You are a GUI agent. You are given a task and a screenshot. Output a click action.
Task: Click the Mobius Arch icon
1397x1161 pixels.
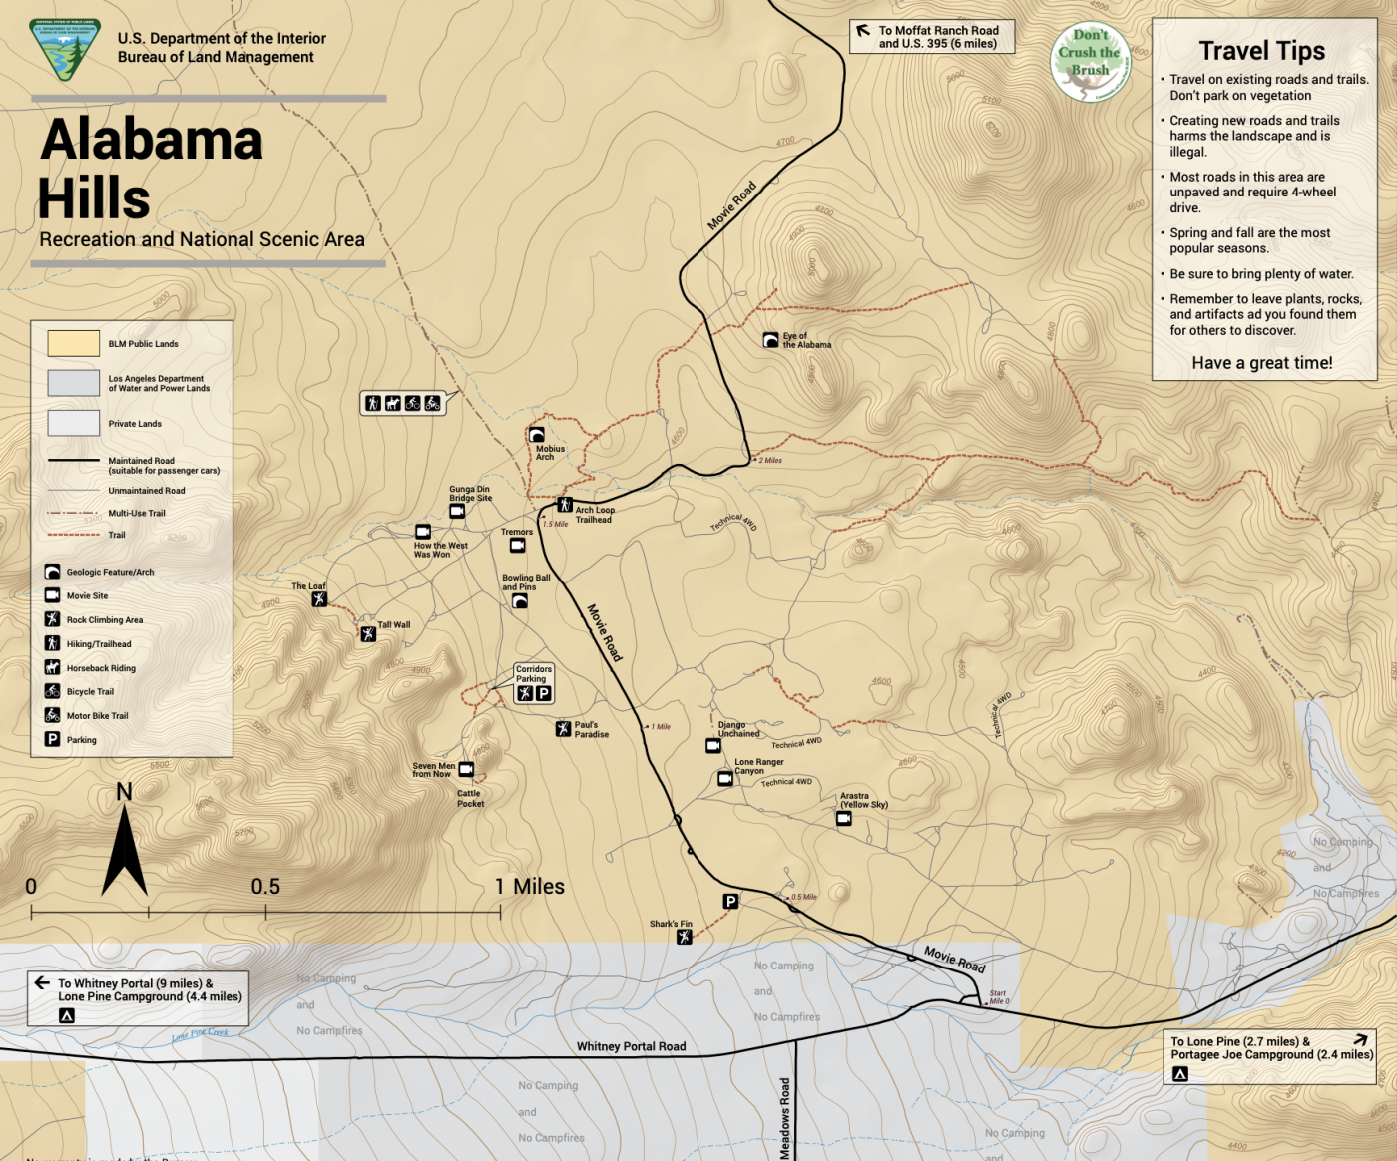(536, 435)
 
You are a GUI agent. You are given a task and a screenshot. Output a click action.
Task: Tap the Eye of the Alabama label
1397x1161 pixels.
(806, 341)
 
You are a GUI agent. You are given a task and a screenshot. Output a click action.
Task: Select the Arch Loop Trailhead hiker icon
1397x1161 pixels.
(565, 505)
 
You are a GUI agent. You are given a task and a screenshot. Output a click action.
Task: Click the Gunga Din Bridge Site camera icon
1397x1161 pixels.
(457, 512)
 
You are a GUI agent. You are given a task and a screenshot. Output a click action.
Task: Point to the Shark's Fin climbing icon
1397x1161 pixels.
(684, 937)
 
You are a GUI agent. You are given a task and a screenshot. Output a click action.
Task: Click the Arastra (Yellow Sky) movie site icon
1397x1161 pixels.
(844, 819)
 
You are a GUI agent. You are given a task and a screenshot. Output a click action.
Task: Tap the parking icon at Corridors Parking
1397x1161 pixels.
(544, 694)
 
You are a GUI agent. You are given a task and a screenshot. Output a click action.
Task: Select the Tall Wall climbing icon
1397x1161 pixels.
(368, 634)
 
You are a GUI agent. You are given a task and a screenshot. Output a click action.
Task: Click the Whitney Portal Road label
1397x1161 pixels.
(631, 1046)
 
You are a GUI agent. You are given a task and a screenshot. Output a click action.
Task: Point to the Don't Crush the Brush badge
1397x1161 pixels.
(1090, 62)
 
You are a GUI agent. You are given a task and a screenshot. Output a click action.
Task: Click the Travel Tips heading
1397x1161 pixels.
(1261, 51)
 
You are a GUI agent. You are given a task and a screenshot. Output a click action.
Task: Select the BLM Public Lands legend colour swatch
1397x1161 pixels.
(74, 343)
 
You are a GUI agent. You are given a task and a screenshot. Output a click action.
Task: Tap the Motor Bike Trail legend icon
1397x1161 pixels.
(52, 715)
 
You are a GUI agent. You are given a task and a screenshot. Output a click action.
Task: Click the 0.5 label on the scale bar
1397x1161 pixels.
(265, 886)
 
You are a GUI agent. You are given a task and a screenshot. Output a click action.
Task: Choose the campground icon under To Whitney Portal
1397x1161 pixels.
(67, 1015)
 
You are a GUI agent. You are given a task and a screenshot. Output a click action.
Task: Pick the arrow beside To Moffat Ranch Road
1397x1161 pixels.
(863, 31)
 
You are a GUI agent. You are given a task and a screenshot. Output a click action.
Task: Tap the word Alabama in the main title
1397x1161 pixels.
(152, 140)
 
